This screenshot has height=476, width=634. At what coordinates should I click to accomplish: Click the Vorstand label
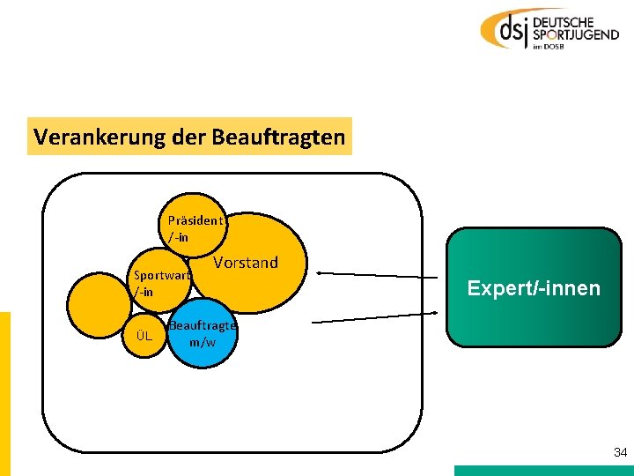tap(246, 263)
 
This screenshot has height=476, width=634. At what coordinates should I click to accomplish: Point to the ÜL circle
tap(144, 336)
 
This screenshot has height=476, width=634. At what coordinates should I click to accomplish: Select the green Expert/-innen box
tap(534, 287)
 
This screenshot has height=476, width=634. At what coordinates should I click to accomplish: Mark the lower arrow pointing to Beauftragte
tap(375, 318)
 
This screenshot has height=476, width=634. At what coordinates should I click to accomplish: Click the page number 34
tap(620, 452)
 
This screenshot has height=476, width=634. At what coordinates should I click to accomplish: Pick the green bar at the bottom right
tap(543, 471)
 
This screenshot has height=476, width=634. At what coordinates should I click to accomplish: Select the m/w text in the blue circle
tap(203, 342)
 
